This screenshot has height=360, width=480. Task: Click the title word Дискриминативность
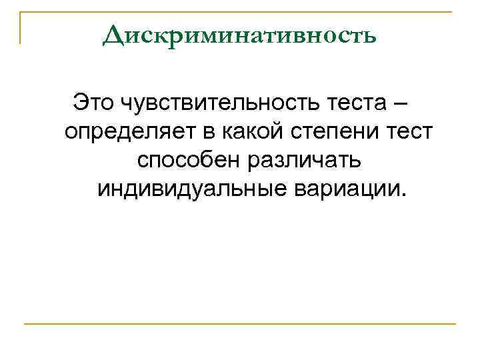(240, 35)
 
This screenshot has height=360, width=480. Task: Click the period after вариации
(401, 195)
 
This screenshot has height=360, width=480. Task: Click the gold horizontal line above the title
(240, 12)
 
